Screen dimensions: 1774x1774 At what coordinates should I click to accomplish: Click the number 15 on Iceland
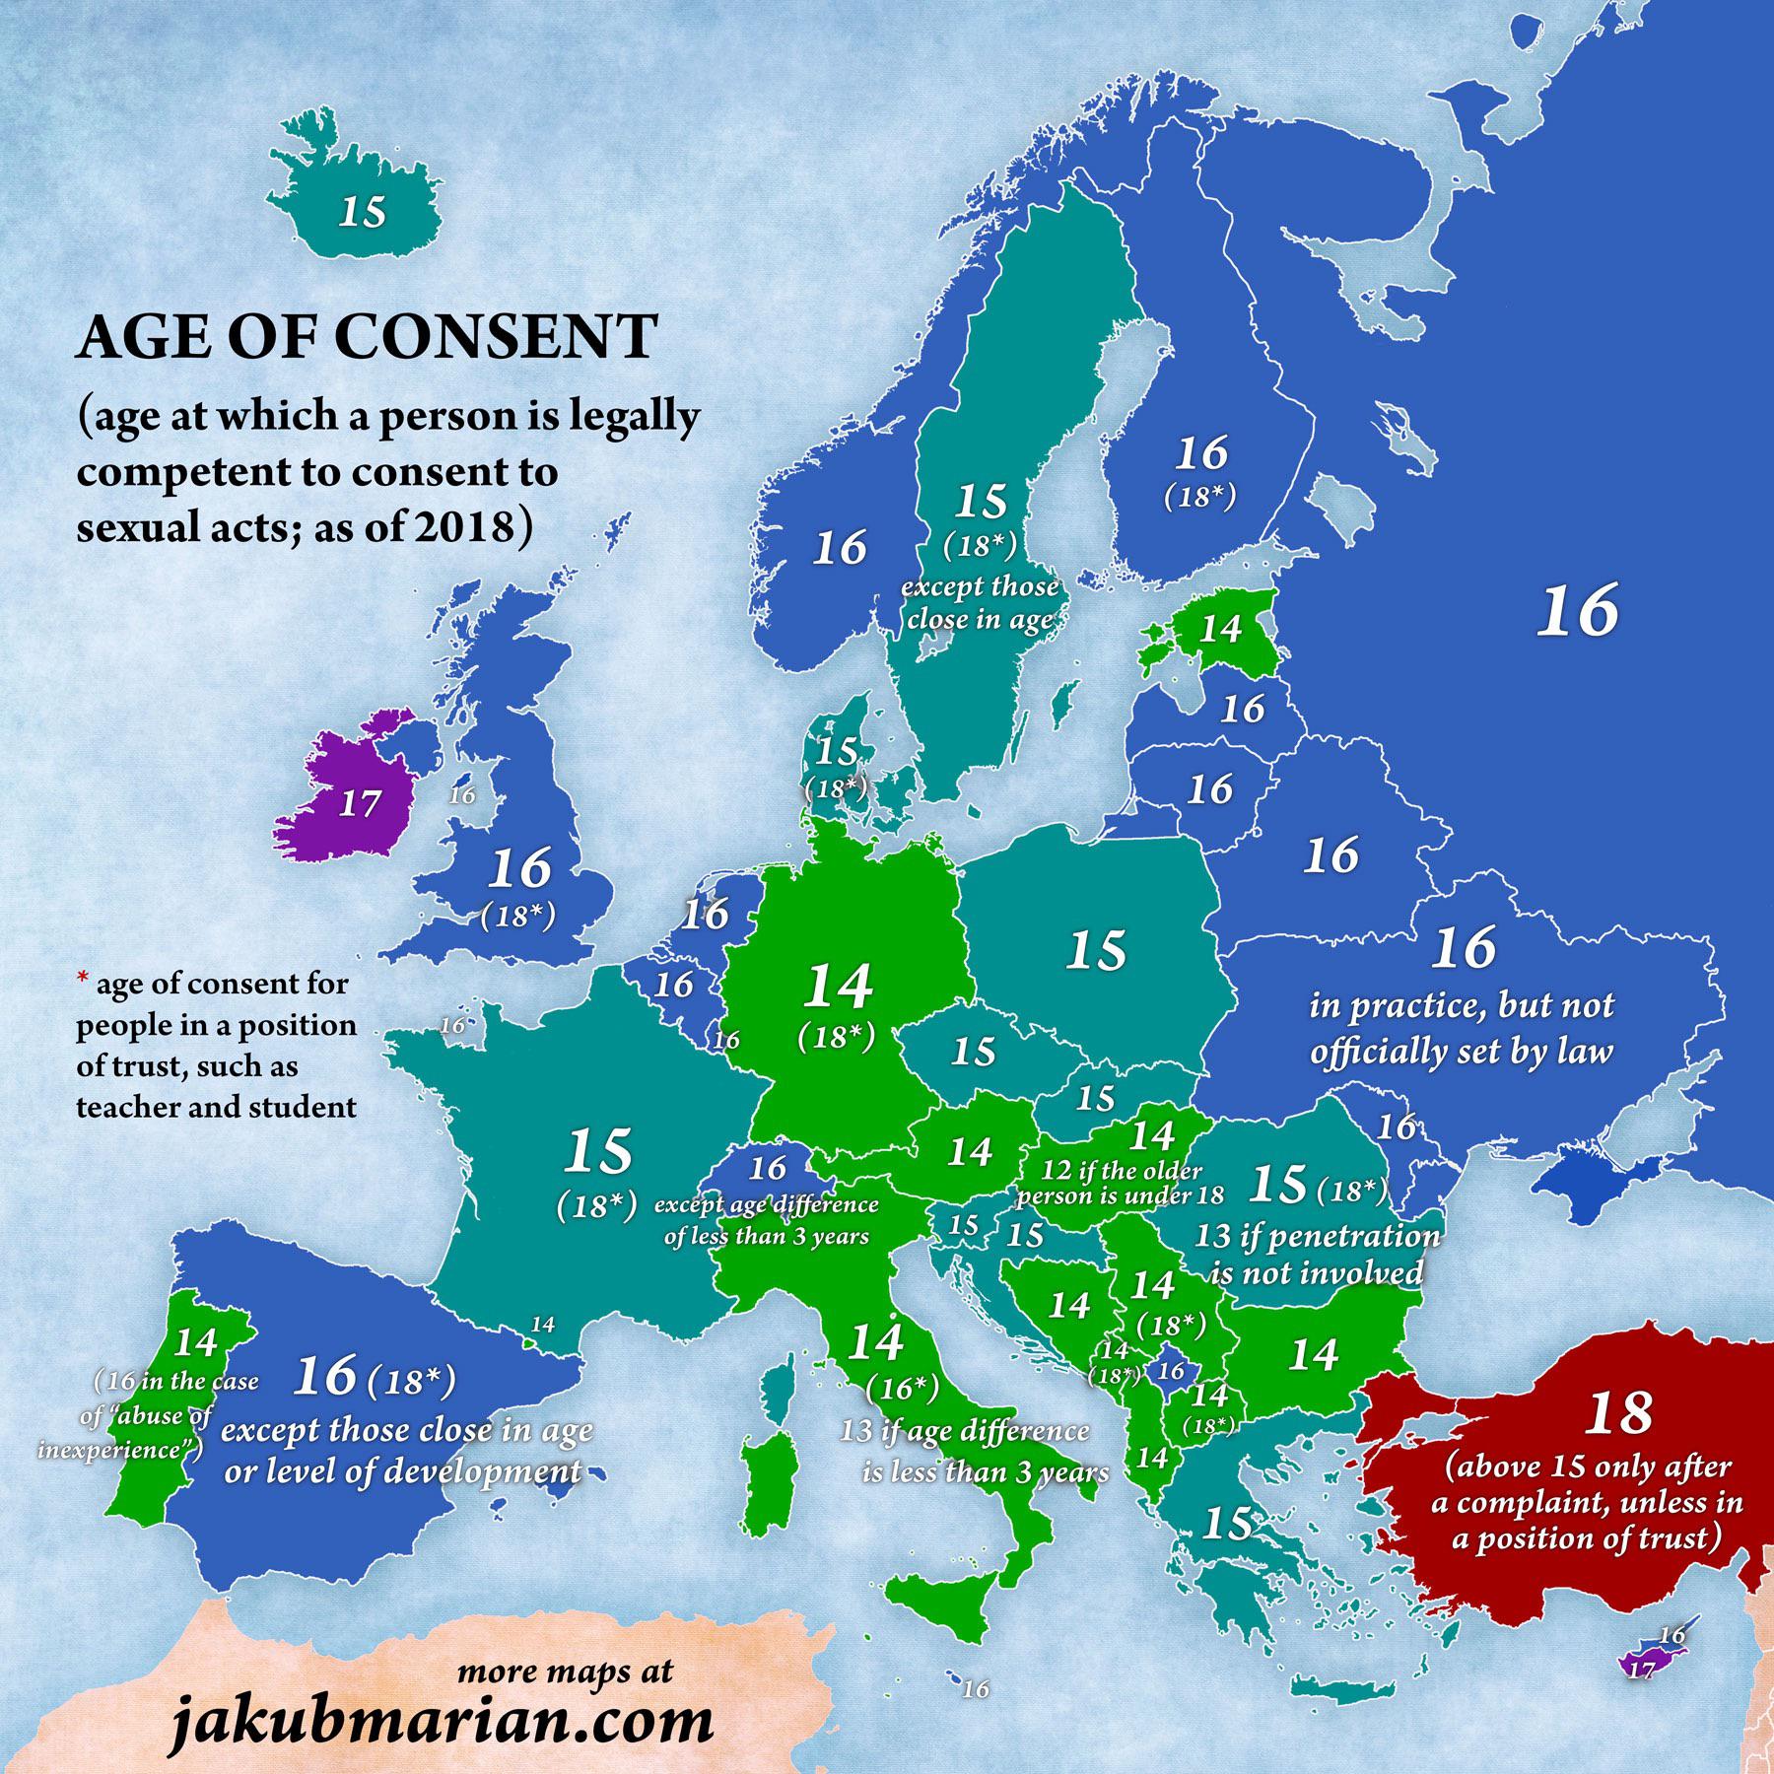(x=363, y=212)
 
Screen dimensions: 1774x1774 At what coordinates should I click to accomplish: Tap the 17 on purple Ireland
(x=359, y=803)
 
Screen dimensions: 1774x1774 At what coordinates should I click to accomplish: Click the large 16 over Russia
(x=1579, y=610)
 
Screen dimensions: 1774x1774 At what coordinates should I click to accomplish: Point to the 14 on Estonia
(x=1220, y=629)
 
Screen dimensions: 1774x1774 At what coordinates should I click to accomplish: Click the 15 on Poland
(x=1096, y=950)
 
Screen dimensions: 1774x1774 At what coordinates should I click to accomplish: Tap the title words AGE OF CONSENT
(x=367, y=338)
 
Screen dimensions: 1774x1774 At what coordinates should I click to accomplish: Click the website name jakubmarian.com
(x=442, y=1721)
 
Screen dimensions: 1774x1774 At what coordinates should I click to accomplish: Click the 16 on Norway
(x=840, y=547)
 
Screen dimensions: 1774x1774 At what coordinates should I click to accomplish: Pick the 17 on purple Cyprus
(x=1640, y=1670)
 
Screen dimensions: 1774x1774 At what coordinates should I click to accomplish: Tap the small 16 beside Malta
(x=976, y=1689)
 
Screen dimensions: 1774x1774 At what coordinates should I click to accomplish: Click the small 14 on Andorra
(x=543, y=1325)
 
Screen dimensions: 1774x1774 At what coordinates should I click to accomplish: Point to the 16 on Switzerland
(x=767, y=1169)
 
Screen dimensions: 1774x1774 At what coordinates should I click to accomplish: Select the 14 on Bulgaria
(x=1314, y=1354)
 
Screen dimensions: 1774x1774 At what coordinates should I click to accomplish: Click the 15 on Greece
(x=1227, y=1524)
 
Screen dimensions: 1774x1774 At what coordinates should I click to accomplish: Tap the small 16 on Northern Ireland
(x=461, y=794)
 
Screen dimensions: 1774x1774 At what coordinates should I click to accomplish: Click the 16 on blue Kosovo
(x=1171, y=1370)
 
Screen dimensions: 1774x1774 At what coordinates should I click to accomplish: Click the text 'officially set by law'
(x=1462, y=1052)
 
